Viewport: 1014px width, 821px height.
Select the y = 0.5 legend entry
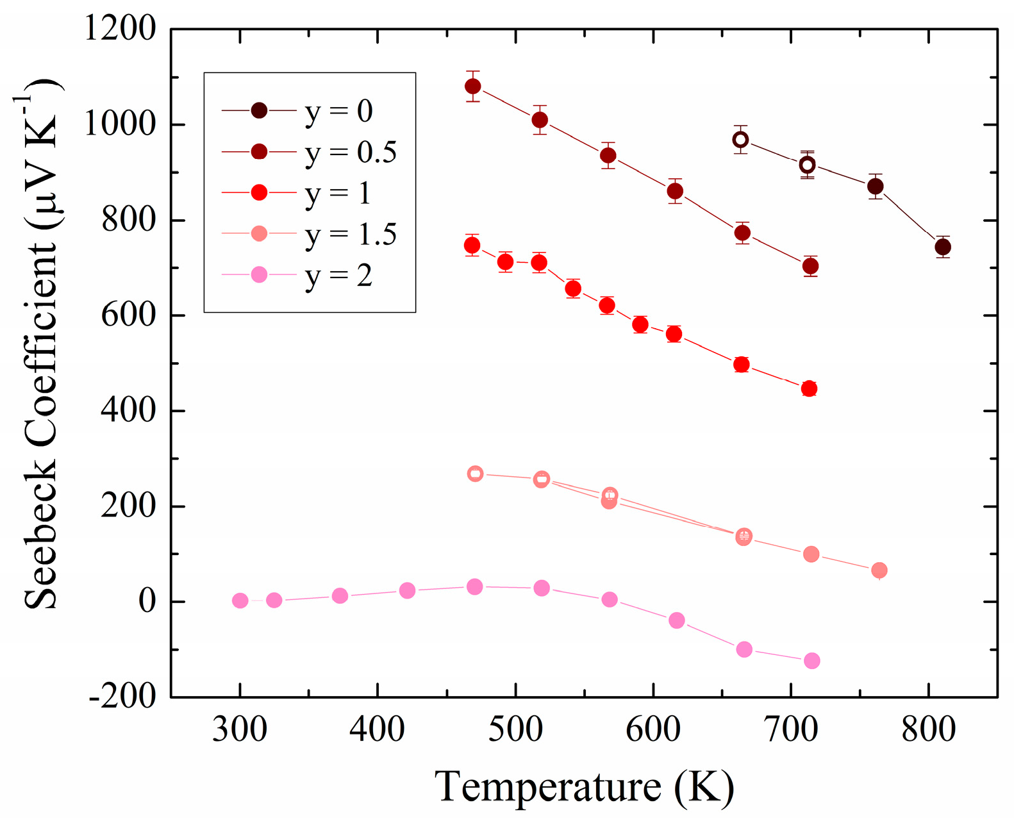[308, 153]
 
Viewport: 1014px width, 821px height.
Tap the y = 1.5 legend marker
[259, 234]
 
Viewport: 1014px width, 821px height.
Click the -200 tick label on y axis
[122, 697]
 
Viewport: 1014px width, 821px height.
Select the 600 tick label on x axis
[652, 730]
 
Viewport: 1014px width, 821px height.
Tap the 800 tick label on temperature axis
[928, 730]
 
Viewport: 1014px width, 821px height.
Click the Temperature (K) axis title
[584, 786]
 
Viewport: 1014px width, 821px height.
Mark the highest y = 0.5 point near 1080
[473, 87]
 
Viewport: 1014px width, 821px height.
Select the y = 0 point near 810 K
[942, 247]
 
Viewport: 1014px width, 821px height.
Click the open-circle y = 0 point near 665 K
[740, 140]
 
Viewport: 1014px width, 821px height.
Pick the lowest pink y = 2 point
[811, 661]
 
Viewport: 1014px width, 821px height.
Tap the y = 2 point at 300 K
[240, 601]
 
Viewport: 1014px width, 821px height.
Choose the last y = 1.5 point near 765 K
[879, 570]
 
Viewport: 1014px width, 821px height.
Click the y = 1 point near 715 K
[809, 388]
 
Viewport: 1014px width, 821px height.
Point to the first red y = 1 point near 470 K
[472, 245]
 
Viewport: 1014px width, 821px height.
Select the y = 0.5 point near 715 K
[810, 266]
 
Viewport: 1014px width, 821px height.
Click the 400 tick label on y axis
[128, 410]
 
